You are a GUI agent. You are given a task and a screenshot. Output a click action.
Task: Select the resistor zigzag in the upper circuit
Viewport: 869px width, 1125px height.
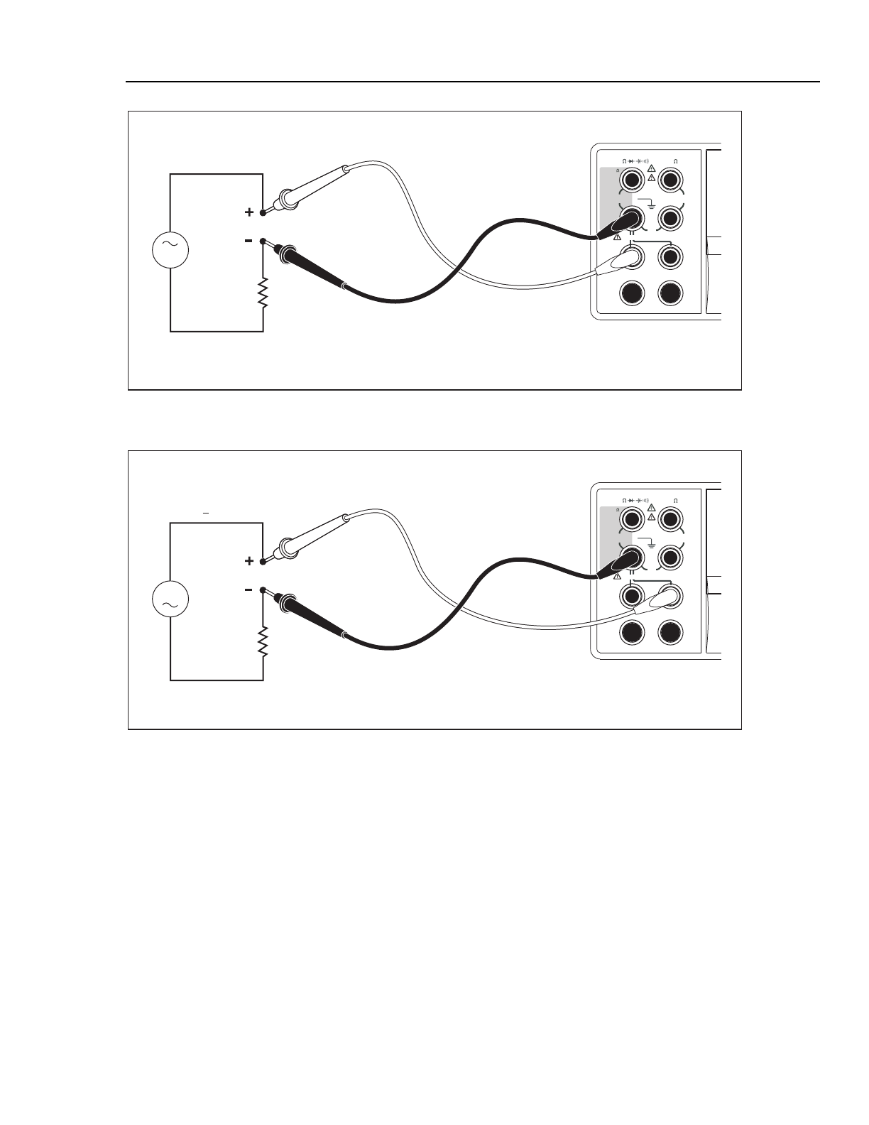263,293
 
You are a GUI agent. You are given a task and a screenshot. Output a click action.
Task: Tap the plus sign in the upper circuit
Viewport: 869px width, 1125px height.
248,212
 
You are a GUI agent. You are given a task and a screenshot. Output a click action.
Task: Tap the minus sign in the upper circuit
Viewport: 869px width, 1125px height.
248,241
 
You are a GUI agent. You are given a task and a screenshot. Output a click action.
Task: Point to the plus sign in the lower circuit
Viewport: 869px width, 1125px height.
248,561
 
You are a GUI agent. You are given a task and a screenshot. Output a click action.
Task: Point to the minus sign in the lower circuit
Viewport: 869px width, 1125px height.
248,589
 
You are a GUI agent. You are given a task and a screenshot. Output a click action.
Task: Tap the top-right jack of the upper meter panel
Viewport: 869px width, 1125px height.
670,180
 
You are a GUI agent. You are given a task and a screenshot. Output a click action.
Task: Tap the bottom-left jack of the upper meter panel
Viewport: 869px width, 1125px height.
632,293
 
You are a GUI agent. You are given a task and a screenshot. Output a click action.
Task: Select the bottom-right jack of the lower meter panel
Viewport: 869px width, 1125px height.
670,632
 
